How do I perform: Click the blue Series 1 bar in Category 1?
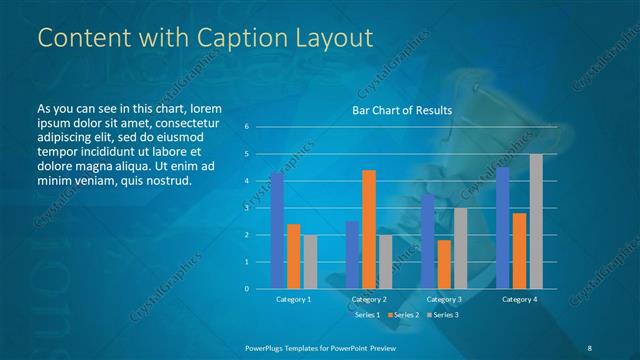277,231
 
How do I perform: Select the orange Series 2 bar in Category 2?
368,229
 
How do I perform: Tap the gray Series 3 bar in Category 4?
536,221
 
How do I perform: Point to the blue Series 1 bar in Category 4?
503,228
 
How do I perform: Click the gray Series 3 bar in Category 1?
310,262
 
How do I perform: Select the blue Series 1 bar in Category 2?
352,255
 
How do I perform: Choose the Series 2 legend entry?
404,315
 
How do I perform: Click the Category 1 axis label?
293,299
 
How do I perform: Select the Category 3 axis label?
444,299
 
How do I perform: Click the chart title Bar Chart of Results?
402,110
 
